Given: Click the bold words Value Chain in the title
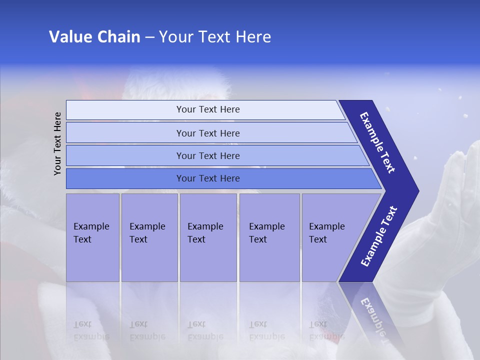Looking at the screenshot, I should [94, 36].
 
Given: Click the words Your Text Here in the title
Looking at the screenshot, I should [215, 36].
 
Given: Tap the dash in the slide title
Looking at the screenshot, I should [149, 37].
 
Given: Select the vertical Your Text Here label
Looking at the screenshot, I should [57, 144].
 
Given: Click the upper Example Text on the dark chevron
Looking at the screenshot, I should [377, 142].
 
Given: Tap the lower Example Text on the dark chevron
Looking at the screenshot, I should [378, 236].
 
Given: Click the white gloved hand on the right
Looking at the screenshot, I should [450, 210].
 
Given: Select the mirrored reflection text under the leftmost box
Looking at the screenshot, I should [91, 330].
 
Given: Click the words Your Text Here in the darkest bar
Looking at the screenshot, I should [208, 178].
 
